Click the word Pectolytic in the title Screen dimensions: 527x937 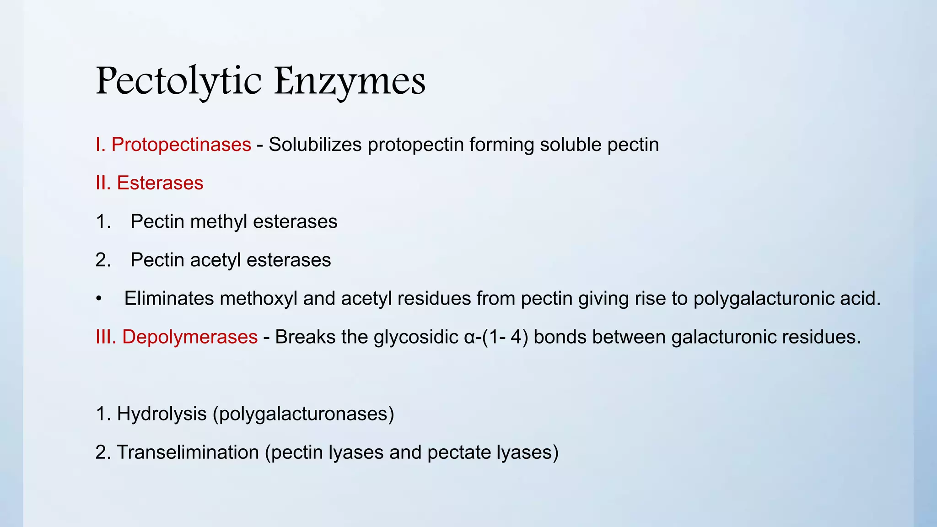point(178,81)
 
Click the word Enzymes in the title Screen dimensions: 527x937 point(350,81)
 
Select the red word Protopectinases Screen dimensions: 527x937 point(181,145)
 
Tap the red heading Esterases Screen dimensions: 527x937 point(160,183)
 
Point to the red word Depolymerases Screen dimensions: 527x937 point(189,337)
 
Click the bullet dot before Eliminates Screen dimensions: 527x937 point(98,299)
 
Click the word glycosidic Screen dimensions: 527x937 point(415,337)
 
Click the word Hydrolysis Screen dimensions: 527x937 point(162,414)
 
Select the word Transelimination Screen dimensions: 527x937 point(188,452)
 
